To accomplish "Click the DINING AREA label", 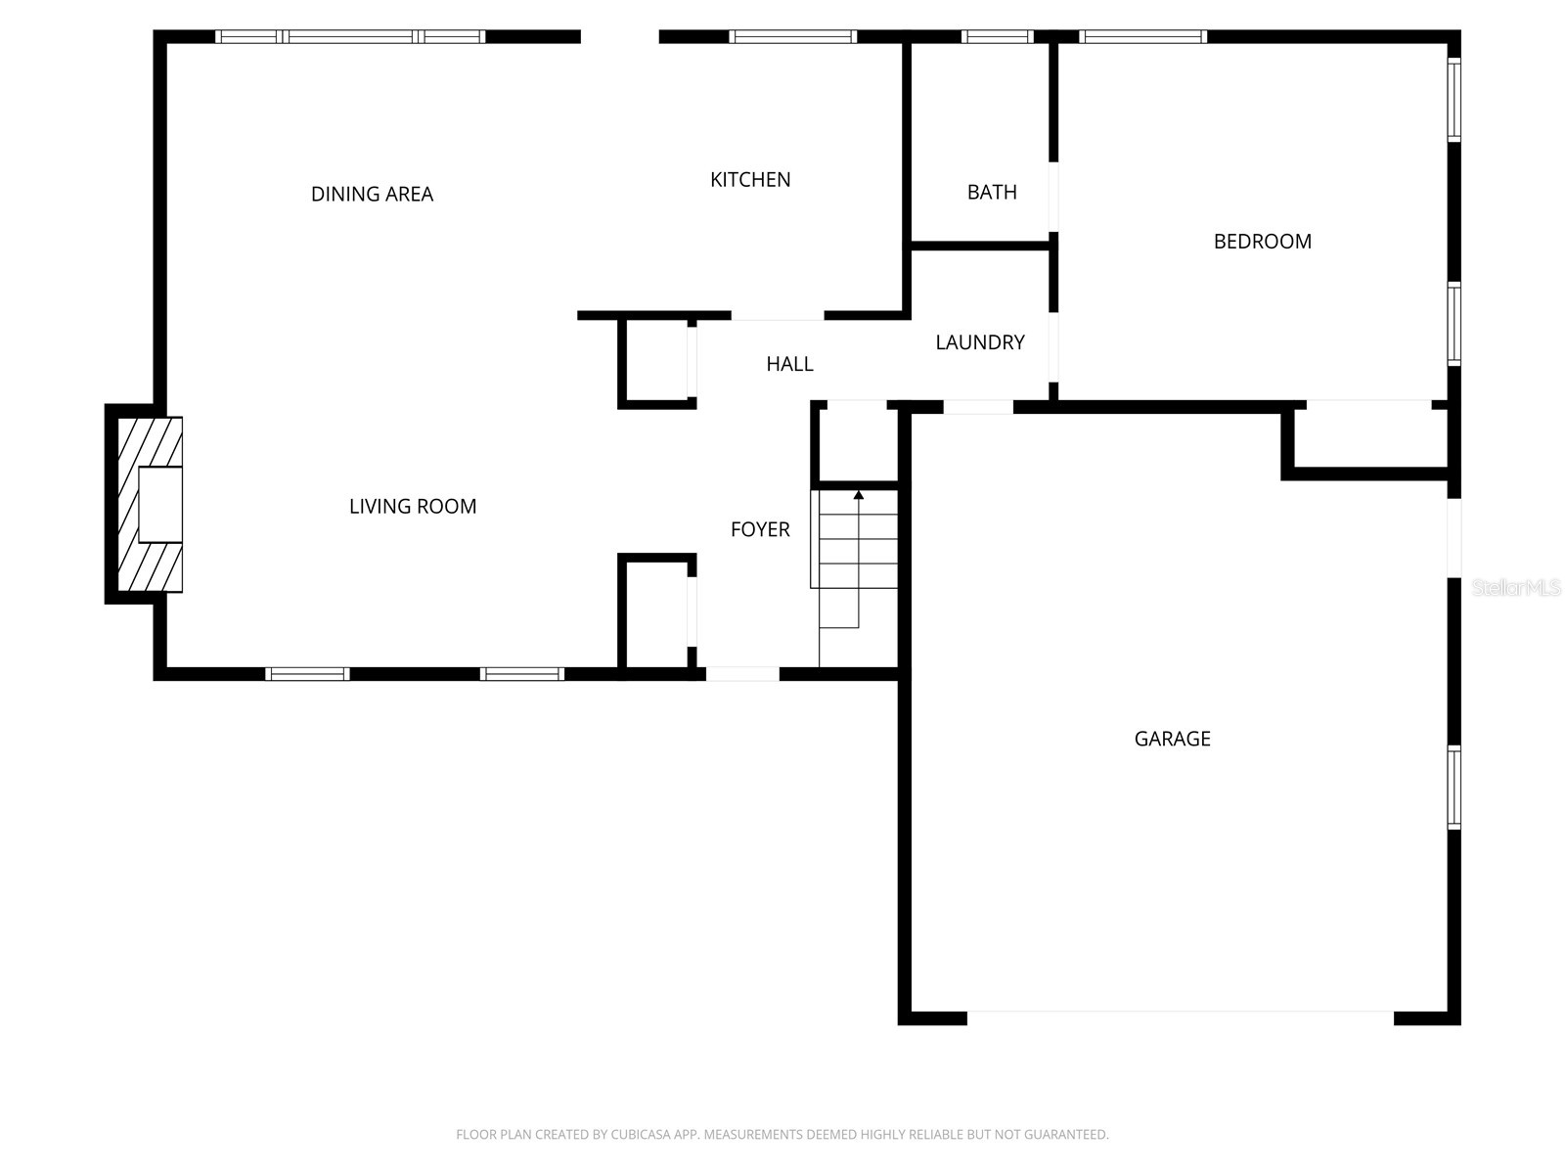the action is [x=372, y=194].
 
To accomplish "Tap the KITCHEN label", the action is [x=750, y=180].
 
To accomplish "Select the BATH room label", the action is [x=992, y=192].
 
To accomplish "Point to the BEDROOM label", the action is [x=1262, y=242].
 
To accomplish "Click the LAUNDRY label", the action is [x=980, y=342].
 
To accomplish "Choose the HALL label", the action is [x=789, y=364].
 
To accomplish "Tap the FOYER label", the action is [x=760, y=529].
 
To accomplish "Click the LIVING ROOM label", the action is [x=413, y=507].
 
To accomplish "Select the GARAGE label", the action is [x=1172, y=739].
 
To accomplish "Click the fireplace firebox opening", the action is [x=160, y=505].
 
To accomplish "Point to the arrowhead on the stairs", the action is [x=859, y=495].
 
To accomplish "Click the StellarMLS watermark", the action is [x=1516, y=587].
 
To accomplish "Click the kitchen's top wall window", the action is [x=792, y=36].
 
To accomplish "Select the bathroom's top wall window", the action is [x=997, y=36].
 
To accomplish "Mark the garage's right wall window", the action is [x=1453, y=788].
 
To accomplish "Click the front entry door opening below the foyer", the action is [x=742, y=674].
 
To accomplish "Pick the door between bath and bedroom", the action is [x=1053, y=197].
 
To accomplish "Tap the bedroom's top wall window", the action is [x=1142, y=36].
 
